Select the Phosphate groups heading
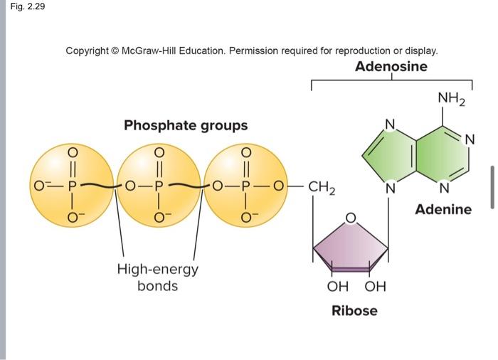pos(186,125)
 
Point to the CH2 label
pos(323,189)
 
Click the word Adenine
pos(443,209)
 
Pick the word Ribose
pos(354,311)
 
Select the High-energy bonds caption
pos(157,277)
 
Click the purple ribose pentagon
pos(351,245)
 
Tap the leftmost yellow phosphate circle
pos(70,186)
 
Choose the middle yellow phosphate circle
pos(159,186)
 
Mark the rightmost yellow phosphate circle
pos(246,186)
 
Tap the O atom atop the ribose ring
pos(350,216)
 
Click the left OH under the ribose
pos(337,287)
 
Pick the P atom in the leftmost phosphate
pos(70,187)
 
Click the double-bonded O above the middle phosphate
pos(159,152)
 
